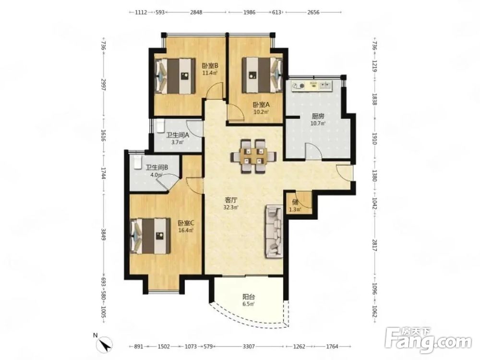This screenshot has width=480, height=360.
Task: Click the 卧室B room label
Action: [210, 66]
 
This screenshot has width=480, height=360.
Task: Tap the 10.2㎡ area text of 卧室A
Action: [261, 112]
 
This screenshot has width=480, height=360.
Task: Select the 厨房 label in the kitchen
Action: [318, 116]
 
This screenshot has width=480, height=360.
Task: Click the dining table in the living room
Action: [253, 156]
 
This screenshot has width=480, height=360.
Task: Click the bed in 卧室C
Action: [150, 236]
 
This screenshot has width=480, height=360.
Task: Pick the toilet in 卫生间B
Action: [136, 161]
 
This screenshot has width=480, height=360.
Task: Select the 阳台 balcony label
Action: [249, 297]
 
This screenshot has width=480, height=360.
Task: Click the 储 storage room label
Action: [295, 202]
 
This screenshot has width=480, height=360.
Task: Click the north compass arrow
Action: [106, 344]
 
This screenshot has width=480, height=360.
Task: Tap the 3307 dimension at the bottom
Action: [249, 347]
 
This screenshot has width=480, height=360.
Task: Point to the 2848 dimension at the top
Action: [196, 12]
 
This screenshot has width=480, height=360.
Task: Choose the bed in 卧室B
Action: [175, 76]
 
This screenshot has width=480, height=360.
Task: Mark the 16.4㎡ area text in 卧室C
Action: [186, 230]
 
